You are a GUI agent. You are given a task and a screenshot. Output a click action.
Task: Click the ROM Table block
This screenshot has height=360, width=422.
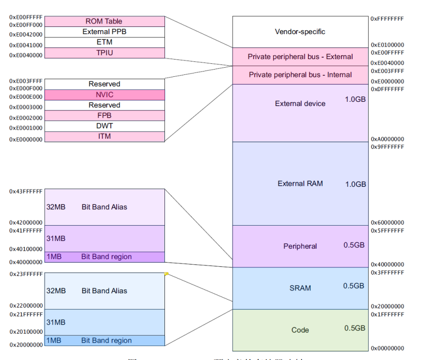(104, 21)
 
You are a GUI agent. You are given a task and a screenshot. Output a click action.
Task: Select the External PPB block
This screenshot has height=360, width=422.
(104, 32)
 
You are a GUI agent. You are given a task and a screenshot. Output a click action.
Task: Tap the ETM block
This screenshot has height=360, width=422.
(104, 42)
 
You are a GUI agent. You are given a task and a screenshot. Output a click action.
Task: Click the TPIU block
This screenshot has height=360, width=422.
(104, 53)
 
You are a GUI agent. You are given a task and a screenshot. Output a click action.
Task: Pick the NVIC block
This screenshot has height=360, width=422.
(104, 95)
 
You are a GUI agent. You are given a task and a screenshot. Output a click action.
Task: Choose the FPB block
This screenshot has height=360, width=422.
(104, 116)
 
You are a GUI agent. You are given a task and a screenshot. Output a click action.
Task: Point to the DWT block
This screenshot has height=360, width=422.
(104, 126)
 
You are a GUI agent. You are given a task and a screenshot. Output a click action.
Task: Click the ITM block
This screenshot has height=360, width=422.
(104, 137)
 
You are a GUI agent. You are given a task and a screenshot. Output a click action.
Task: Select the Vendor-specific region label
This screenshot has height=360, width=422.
(300, 32)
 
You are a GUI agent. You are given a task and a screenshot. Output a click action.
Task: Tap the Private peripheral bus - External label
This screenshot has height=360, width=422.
(300, 57)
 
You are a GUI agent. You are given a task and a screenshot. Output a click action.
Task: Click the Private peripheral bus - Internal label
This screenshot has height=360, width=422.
(300, 75)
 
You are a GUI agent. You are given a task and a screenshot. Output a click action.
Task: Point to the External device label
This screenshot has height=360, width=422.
(300, 104)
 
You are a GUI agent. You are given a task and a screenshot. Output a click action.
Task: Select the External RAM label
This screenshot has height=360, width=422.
(300, 183)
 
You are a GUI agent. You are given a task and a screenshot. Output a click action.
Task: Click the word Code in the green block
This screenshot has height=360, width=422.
(300, 330)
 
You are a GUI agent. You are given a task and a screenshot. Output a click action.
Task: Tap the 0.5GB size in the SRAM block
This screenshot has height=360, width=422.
(354, 286)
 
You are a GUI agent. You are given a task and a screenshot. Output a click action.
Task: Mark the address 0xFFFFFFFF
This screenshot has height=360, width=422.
(387, 18)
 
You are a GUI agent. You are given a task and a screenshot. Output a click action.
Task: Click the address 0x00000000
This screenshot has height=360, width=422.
(387, 348)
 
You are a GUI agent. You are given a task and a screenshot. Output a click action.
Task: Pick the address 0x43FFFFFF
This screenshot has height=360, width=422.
(26, 192)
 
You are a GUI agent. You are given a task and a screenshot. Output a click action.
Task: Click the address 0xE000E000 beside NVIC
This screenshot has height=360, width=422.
(26, 96)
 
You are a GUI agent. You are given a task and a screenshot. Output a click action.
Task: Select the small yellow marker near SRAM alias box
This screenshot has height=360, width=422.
(166, 274)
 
